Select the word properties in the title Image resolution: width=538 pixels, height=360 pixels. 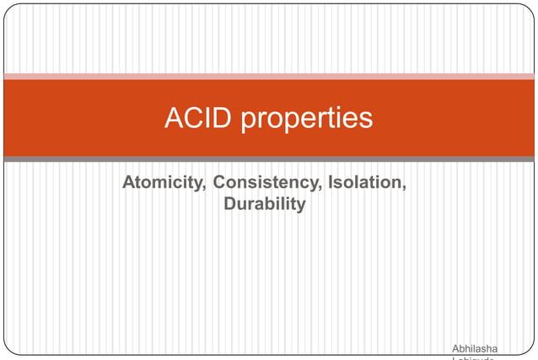click(307, 120)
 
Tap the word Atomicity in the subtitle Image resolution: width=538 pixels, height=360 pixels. click(161, 183)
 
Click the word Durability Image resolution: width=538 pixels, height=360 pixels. click(264, 204)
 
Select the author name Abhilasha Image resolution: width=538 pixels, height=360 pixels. click(475, 348)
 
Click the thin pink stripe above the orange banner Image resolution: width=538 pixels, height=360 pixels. click(269, 77)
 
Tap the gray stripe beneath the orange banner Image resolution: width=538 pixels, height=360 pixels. click(269, 159)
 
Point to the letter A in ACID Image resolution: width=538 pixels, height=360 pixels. click(175, 118)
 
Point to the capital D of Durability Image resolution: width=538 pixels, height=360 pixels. click(229, 204)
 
